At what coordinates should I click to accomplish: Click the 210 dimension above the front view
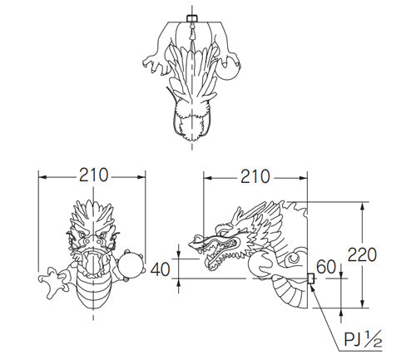click(93, 175)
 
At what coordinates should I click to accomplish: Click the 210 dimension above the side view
click(255, 176)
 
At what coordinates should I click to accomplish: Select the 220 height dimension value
click(362, 254)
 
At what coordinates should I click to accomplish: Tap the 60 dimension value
click(325, 267)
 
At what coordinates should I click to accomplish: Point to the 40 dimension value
click(160, 269)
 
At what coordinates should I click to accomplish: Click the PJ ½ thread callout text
click(363, 339)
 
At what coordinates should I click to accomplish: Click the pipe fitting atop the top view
click(192, 18)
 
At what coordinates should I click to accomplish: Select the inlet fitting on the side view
click(310, 279)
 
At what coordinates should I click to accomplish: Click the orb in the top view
click(230, 68)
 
